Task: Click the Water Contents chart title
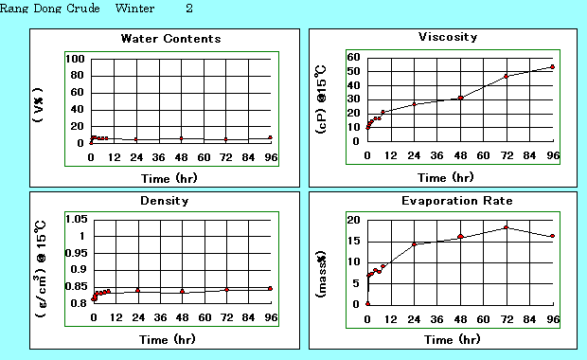point(170,39)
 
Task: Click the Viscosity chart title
point(447,37)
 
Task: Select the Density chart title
point(169,201)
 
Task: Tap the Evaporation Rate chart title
point(447,201)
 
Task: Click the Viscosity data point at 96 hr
point(552,67)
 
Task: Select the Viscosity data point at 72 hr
point(507,76)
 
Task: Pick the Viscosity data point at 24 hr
point(414,103)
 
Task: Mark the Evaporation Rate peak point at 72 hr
point(507,227)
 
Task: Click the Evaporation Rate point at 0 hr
point(368,303)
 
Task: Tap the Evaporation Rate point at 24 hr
point(414,244)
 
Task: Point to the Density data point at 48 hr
point(182,291)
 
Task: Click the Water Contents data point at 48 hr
point(181,138)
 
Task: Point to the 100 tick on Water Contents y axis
point(76,59)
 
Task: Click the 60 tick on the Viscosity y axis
point(354,57)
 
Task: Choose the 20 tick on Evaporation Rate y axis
point(354,220)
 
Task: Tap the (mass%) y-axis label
point(321,261)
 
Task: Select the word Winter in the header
point(133,9)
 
